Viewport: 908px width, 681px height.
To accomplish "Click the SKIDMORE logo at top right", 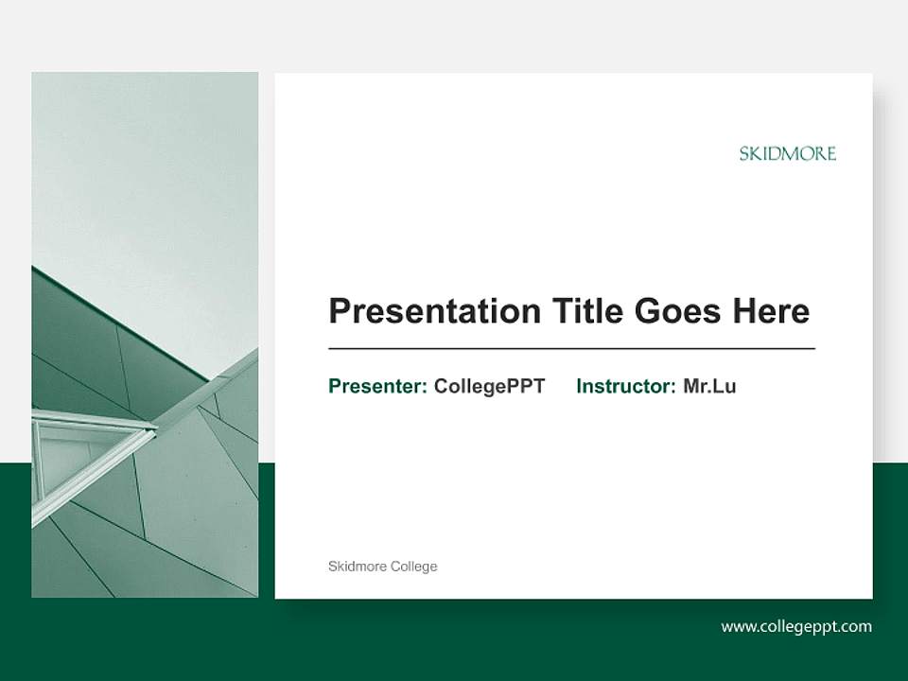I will point(787,153).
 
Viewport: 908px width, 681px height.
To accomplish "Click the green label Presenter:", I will point(377,386).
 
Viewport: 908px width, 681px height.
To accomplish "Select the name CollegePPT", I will point(489,386).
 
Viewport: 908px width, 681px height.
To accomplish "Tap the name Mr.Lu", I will point(709,386).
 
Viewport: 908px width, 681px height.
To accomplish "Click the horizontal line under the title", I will point(571,349).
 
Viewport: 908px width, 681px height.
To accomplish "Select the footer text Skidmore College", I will point(382,567).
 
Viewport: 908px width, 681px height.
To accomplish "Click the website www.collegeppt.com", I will point(795,626).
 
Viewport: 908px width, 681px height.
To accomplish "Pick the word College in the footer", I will point(415,567).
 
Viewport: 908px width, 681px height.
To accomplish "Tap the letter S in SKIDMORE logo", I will point(744,154).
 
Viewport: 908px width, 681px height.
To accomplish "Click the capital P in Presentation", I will point(340,311).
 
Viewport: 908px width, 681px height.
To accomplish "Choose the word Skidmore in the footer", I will point(357,567).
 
